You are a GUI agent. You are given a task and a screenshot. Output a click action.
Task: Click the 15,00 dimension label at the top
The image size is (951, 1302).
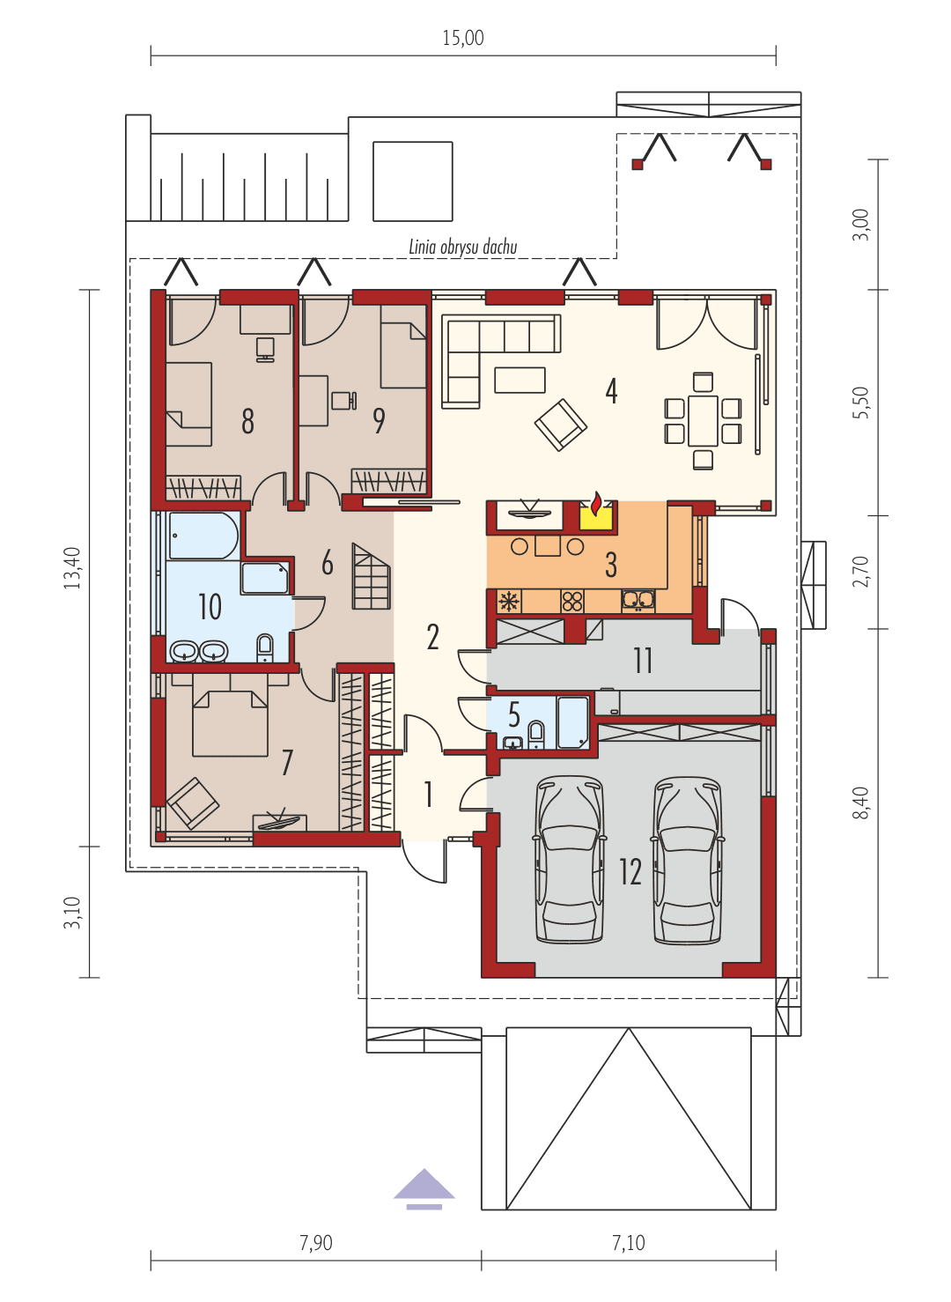point(463,38)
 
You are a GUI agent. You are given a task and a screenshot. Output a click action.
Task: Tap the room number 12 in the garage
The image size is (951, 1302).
point(630,871)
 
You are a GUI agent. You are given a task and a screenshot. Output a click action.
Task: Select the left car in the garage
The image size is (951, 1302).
point(571,860)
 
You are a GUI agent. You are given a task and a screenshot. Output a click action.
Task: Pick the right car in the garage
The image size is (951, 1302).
point(688,860)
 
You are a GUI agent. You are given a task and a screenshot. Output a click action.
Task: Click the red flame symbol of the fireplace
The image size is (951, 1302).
point(596,504)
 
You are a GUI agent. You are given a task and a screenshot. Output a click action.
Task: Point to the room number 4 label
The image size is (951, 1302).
point(611,390)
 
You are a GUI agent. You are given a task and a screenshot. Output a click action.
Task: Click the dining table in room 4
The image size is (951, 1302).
point(703,421)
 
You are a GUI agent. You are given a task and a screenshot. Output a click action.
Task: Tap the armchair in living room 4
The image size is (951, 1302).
point(560,424)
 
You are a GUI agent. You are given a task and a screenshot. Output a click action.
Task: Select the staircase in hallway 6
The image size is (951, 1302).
point(371,576)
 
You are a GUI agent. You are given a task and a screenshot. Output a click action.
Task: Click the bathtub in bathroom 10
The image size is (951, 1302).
point(203,536)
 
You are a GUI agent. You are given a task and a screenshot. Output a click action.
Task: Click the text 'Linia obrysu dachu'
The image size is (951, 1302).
point(462,248)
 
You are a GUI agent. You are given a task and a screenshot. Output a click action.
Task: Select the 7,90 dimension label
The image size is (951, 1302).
point(316,1243)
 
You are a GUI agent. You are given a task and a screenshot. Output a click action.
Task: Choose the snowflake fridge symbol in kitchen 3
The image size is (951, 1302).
point(509,602)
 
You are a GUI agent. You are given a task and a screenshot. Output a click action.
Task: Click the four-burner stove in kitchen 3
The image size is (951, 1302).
point(572,602)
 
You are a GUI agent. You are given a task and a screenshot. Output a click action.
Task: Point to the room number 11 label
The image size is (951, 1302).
point(643,660)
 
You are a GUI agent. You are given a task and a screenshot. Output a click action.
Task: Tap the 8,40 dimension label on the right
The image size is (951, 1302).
point(860,803)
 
